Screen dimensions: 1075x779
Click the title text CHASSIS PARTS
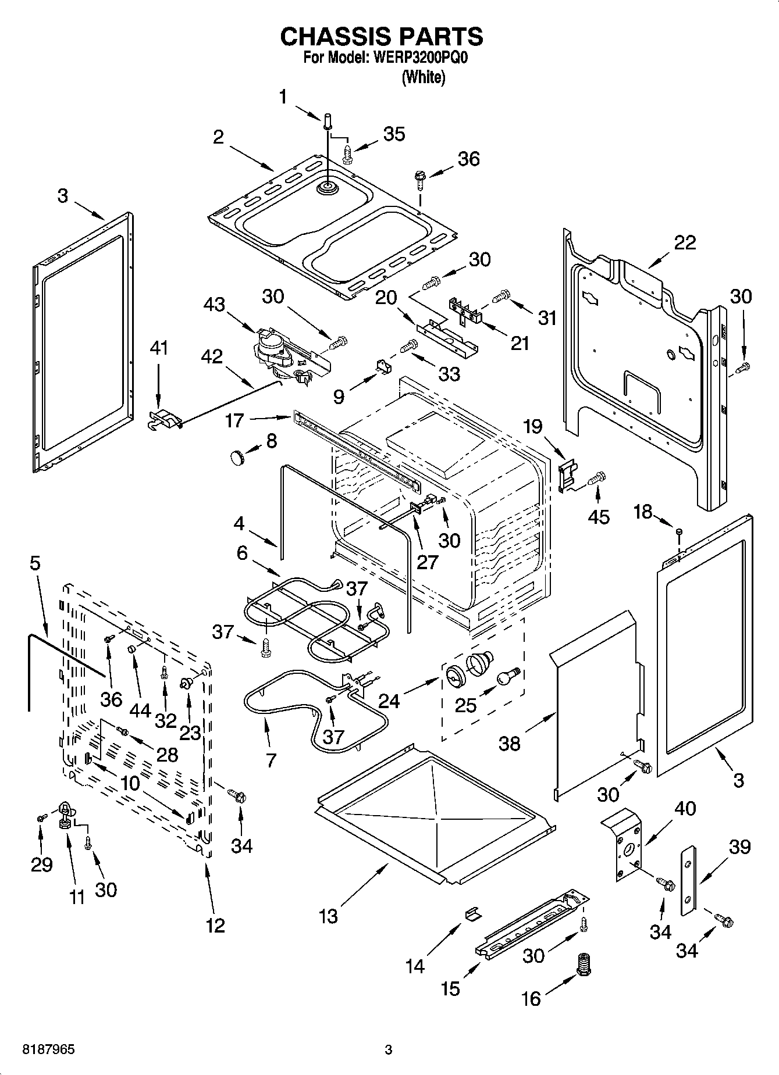pos(382,37)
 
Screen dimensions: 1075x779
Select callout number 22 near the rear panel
pos(684,242)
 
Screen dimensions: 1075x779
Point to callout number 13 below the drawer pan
pos(329,916)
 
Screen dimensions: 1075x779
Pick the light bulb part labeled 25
pos(506,676)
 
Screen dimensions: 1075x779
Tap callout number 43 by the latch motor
pos(214,303)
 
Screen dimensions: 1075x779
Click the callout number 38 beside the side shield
pos(510,743)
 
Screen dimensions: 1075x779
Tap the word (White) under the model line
pos(424,77)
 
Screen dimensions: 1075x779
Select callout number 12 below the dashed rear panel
pos(215,924)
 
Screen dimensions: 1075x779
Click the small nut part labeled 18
pos(678,531)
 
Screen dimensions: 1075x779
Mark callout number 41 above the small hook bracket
pos(158,348)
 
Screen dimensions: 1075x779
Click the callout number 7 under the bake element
pos(271,759)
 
